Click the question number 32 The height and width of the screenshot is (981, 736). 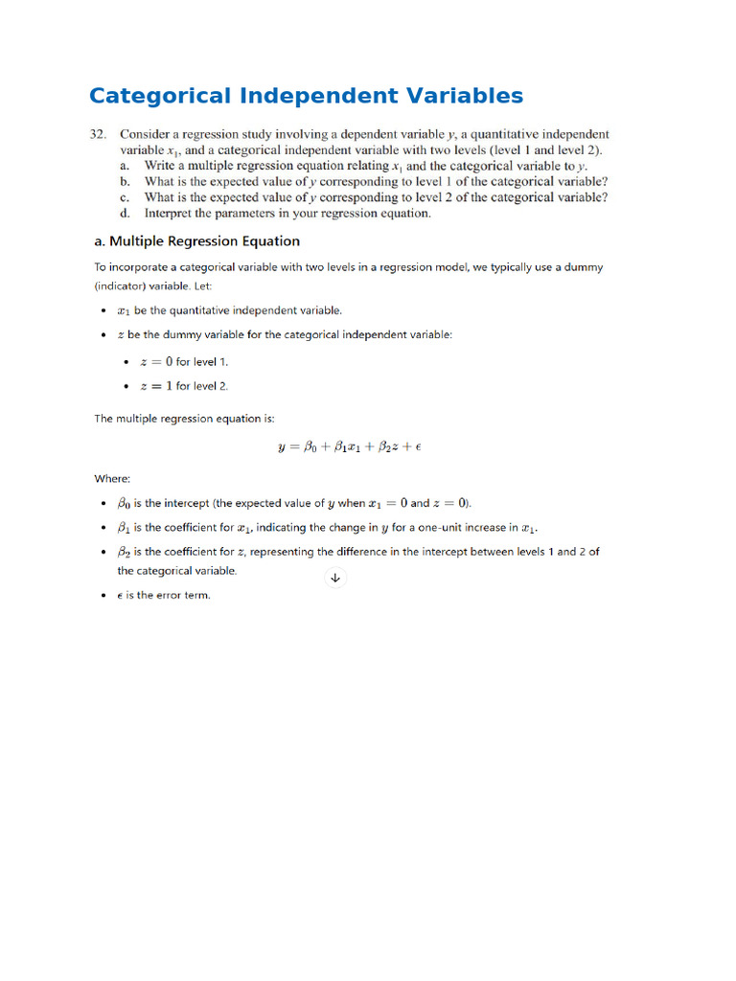98,135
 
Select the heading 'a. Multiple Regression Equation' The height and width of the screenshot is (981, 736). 196,241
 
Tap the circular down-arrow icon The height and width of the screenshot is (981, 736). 335,578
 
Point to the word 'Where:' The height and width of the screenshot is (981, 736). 112,478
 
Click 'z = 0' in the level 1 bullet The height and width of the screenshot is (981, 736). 156,362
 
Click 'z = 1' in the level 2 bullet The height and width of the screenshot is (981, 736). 156,386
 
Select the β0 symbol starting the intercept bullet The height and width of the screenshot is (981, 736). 124,504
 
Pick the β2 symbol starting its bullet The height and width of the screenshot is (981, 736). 124,553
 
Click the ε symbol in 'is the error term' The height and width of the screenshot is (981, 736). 121,595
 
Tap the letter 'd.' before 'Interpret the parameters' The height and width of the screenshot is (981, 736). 126,214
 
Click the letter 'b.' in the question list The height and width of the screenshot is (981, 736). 126,181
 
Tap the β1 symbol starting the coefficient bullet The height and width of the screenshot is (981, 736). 124,528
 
